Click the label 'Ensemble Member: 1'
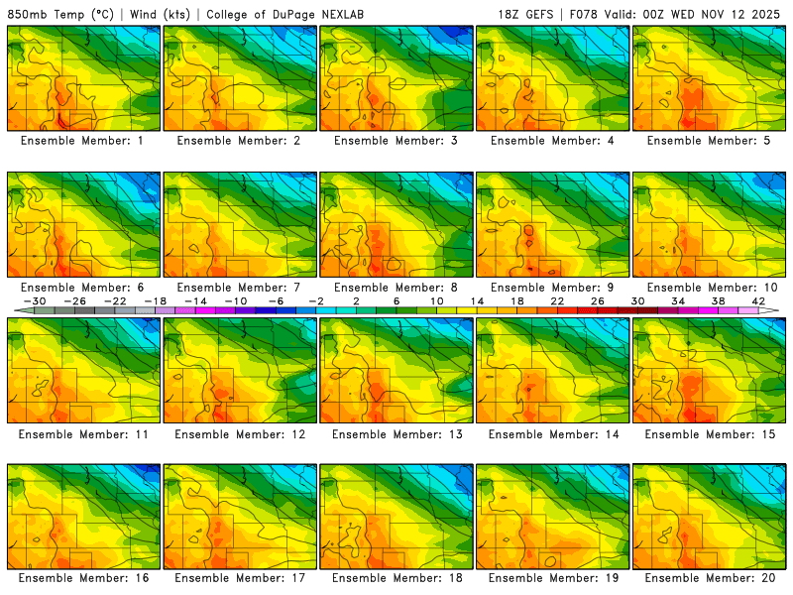[x=83, y=141]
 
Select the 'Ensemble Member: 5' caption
[x=710, y=141]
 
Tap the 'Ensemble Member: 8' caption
[x=396, y=288]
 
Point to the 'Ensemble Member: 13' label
[x=396, y=433]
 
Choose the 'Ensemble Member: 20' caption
[x=710, y=578]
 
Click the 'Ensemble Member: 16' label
[x=83, y=578]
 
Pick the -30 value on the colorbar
[x=36, y=300]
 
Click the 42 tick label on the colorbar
[x=757, y=300]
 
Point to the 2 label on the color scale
[x=356, y=300]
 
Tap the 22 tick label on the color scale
[x=556, y=300]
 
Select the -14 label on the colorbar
[x=196, y=300]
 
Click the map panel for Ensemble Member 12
[x=240, y=370]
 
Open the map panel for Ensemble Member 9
[x=553, y=224]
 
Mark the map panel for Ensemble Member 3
[x=396, y=78]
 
